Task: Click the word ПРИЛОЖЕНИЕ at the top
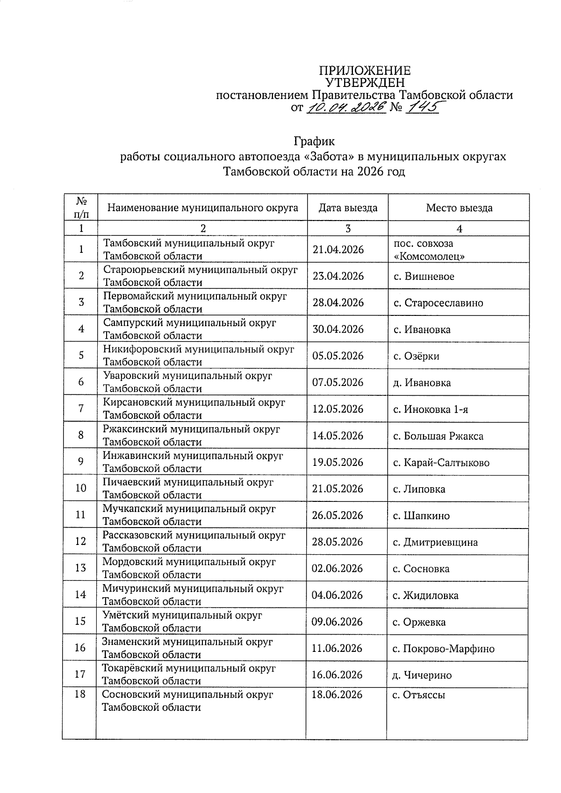pos(365,71)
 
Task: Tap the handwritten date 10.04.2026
pos(346,107)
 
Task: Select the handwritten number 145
pos(422,108)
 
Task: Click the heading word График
pos(314,141)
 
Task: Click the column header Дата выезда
pos(348,208)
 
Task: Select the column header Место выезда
pos(459,208)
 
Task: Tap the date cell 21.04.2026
pos(338,250)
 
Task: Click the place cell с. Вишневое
pos(424,276)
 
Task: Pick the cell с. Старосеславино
pos(438,303)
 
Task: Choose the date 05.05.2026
pos(338,356)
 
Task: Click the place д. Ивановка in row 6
pos(422,383)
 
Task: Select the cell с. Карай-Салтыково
pos(441,463)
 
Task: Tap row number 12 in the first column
pos(80,541)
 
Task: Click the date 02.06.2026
pos(337,568)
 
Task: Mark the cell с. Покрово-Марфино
pos(443,648)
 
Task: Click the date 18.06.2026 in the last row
pos(337,694)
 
